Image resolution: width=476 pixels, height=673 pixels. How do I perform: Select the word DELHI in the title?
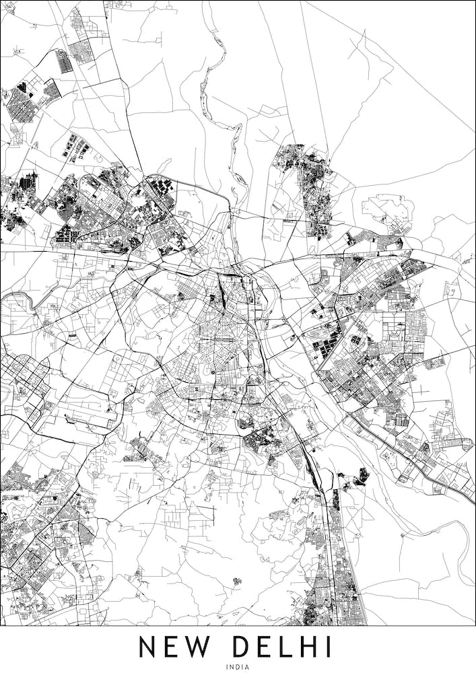pyautogui.click(x=283, y=647)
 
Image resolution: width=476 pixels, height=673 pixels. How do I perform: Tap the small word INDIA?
pyautogui.click(x=238, y=666)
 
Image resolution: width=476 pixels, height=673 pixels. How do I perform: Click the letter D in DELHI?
pyautogui.click(x=240, y=647)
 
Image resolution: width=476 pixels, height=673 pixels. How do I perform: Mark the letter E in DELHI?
pyautogui.click(x=265, y=647)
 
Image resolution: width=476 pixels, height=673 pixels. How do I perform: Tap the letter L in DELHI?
pyautogui.click(x=285, y=647)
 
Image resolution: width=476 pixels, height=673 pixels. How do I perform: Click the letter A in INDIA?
pyautogui.click(x=247, y=666)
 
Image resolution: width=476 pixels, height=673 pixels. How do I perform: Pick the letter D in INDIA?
pyautogui.click(x=238, y=666)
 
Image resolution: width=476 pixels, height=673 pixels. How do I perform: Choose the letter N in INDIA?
pyautogui.click(x=232, y=666)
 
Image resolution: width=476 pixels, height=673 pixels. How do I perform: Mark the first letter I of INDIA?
pyautogui.click(x=228, y=666)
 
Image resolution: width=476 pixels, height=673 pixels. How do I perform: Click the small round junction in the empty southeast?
pyautogui.click(x=403, y=536)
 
